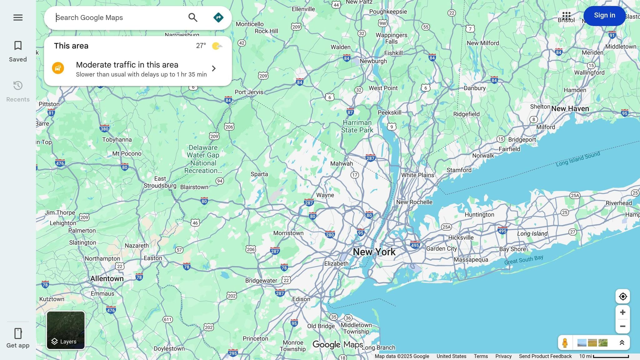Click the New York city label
click(x=374, y=252)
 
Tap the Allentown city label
click(x=107, y=278)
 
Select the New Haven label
click(x=570, y=109)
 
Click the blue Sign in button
click(x=604, y=16)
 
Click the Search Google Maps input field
click(x=119, y=18)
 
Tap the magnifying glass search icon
click(x=193, y=18)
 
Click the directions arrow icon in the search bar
click(x=218, y=18)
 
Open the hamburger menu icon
click(x=18, y=17)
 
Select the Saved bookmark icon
click(x=18, y=46)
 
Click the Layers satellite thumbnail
click(x=66, y=330)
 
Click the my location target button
click(x=622, y=297)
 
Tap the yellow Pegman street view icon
click(x=565, y=343)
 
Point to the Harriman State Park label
click(x=357, y=126)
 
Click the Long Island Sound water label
click(x=578, y=159)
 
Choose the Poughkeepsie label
click(x=388, y=12)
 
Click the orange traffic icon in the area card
click(x=58, y=68)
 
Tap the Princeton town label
click(x=255, y=338)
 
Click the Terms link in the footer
click(x=481, y=356)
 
